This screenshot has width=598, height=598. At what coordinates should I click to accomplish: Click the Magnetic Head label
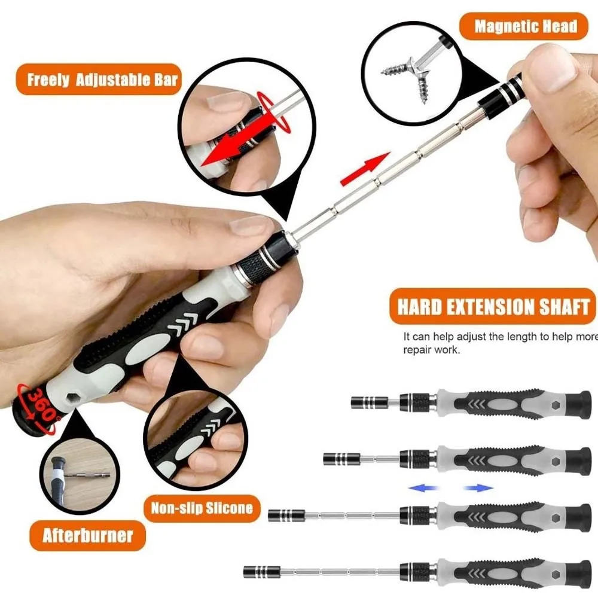(x=525, y=26)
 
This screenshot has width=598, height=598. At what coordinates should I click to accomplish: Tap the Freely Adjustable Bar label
(x=102, y=80)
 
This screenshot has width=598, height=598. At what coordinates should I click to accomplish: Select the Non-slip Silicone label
(x=202, y=509)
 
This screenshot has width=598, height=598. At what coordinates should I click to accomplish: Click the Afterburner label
(x=87, y=535)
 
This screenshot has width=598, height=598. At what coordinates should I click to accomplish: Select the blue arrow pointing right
(x=478, y=488)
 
